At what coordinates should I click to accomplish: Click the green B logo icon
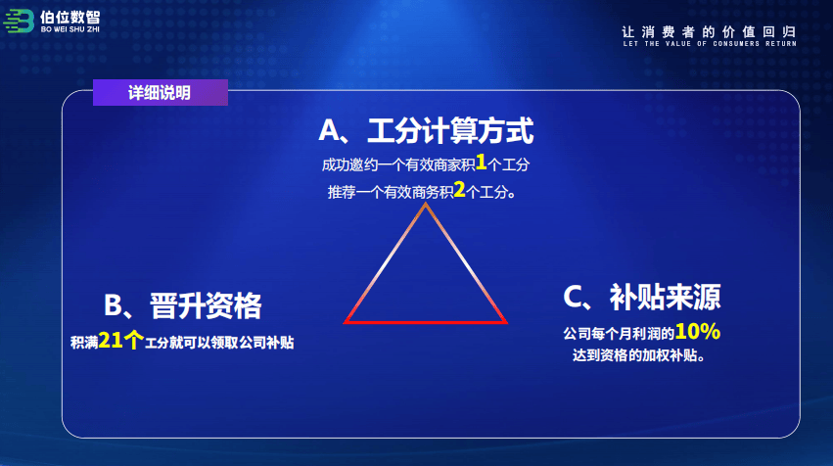20,22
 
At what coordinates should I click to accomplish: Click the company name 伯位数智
70,17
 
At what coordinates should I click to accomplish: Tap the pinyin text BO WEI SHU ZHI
70,29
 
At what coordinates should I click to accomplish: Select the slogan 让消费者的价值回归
710,32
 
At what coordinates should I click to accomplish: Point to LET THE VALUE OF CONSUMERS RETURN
710,44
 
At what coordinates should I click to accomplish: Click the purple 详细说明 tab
161,92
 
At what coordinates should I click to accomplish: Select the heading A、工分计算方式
426,131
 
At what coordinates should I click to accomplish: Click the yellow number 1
481,163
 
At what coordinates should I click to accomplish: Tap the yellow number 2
459,190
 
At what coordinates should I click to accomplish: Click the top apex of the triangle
426,204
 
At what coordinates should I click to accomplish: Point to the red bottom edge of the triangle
426,322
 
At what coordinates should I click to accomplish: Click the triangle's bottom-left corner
345,322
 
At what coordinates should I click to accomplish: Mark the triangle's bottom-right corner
506,322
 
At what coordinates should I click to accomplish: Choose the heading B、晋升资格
183,306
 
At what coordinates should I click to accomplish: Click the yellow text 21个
121,340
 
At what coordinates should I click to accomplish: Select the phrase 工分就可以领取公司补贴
219,343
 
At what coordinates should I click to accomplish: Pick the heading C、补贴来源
642,297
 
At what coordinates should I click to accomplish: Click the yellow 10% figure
698,332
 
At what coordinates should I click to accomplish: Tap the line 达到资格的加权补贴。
638,355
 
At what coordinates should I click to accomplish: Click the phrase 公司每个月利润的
619,334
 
